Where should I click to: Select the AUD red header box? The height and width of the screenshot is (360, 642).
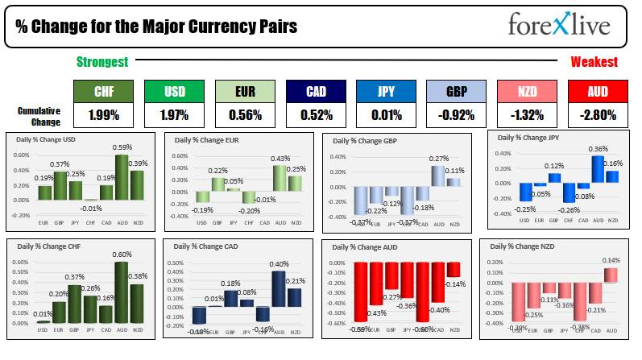coord(598,92)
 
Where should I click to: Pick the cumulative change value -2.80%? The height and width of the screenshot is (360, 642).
coord(598,115)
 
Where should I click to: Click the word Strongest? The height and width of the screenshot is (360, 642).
coord(102,62)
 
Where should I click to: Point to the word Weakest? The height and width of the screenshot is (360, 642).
coord(594,62)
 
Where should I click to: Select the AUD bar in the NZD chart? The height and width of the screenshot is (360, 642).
coord(611,275)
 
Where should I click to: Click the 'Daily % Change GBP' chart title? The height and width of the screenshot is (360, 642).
coord(367,143)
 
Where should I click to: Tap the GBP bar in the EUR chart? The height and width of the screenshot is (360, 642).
coord(217,184)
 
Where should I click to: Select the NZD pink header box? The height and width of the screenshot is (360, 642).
coord(526,92)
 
